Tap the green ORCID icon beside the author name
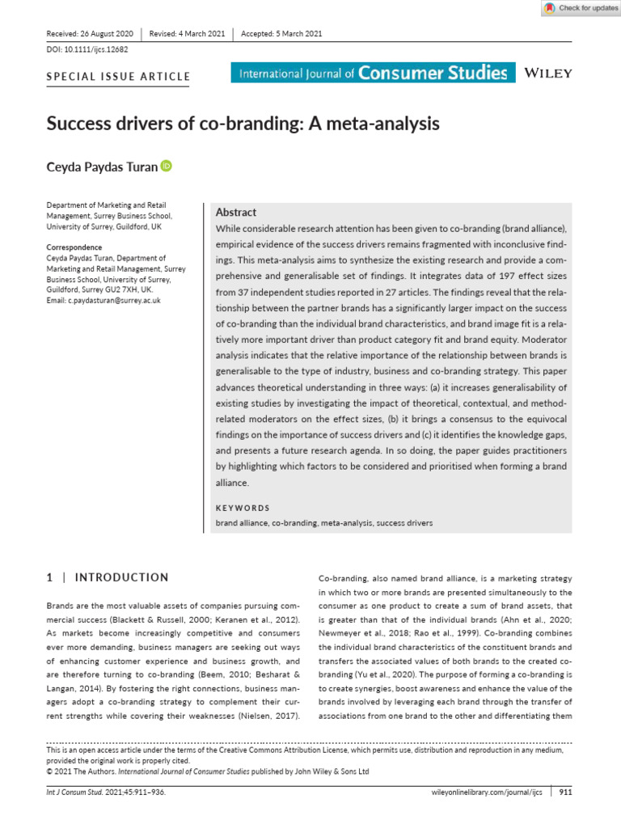[x=167, y=166]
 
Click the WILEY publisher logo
[x=549, y=74]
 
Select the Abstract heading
[x=236, y=213]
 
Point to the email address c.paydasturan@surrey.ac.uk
[x=103, y=300]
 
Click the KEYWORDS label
[x=243, y=508]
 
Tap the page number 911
[x=565, y=792]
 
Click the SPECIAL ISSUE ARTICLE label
[x=118, y=78]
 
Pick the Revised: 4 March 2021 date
[x=187, y=33]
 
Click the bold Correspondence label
[x=74, y=247]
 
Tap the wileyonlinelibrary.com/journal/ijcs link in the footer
[x=488, y=792]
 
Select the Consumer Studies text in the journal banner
[x=433, y=74]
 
